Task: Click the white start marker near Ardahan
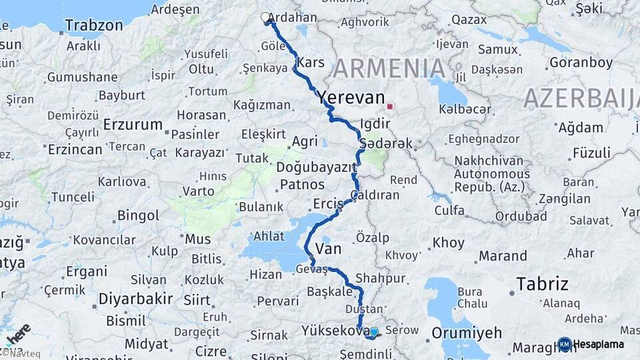265,17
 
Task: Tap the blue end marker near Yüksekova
373,331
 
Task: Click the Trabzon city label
94,26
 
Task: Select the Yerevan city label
351,97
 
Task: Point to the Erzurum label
133,125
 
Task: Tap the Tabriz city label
543,285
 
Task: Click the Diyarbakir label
136,298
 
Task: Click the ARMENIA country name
389,69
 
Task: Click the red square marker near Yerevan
389,106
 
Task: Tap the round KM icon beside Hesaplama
564,344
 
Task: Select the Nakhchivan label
493,161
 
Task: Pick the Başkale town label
329,292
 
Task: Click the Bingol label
138,215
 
